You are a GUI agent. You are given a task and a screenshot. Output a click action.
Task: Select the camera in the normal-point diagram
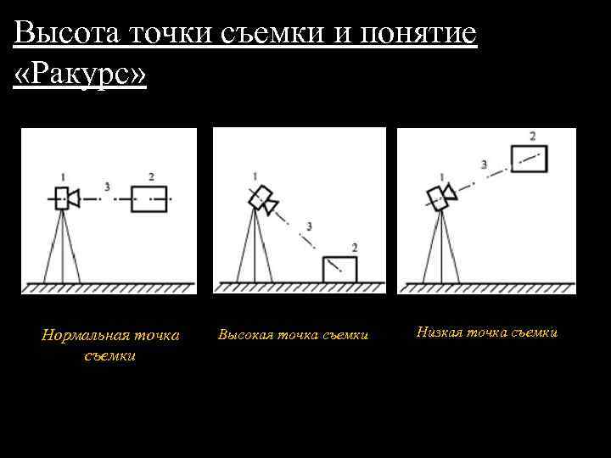pos(64,198)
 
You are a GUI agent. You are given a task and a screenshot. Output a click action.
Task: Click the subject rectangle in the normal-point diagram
pos(149,198)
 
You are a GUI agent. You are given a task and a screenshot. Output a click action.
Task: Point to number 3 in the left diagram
pos(107,186)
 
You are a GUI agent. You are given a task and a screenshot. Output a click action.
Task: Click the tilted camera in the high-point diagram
pos(262,199)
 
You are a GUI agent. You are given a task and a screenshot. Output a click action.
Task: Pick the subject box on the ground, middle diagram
pos(340,269)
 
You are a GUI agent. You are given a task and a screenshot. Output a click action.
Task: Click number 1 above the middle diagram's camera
pos(254,176)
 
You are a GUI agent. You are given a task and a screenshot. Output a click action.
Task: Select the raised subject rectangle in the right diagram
pos(530,159)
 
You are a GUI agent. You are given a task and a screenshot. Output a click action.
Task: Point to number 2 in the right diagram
pos(532,136)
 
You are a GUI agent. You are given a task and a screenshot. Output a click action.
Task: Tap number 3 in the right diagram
pos(484,164)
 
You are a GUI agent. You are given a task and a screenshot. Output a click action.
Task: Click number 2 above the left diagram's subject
pos(150,176)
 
